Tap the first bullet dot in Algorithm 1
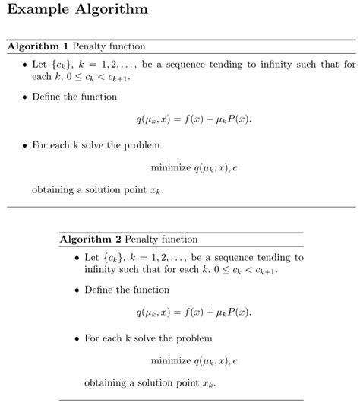point(24,65)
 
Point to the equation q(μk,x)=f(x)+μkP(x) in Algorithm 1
point(194,119)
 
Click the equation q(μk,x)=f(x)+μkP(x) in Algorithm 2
point(194,313)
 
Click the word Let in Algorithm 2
point(92,258)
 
